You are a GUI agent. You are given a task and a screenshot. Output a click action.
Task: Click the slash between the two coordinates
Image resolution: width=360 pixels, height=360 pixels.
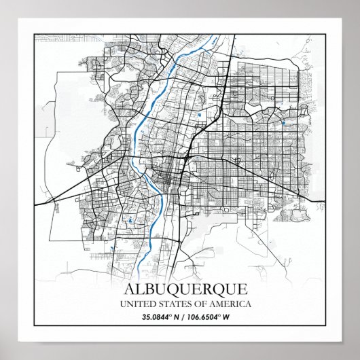(x=181, y=317)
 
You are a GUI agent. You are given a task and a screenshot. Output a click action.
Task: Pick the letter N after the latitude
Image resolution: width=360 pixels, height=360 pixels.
(x=174, y=317)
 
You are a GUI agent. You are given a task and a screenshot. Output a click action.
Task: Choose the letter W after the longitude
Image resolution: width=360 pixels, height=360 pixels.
(x=226, y=317)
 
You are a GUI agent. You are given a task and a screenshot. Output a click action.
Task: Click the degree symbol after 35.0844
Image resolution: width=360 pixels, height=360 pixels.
(x=168, y=314)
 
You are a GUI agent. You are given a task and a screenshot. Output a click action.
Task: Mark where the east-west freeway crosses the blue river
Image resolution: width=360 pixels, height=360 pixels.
(x=152, y=164)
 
